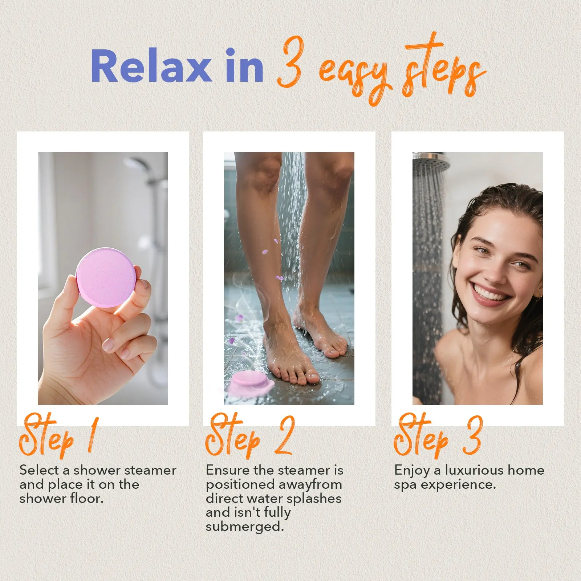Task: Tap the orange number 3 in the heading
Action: click(x=289, y=62)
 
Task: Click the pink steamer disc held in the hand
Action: click(x=105, y=277)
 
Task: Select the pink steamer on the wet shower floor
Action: click(x=250, y=383)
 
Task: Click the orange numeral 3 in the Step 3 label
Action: click(x=472, y=435)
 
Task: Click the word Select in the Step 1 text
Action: click(x=39, y=470)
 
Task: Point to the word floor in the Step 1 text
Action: click(x=87, y=498)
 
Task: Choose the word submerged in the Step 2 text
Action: click(x=244, y=527)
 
